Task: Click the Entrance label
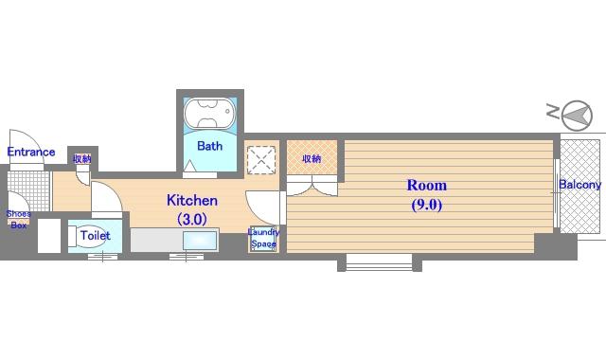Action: [x=31, y=152]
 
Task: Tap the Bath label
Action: [x=209, y=146]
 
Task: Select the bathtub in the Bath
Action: [x=209, y=113]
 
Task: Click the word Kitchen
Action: [x=192, y=200]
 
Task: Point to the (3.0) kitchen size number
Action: [x=192, y=219]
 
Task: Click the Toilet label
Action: [x=95, y=236]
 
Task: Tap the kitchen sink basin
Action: [x=200, y=241]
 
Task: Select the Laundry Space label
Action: [x=263, y=238]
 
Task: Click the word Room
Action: [x=427, y=186]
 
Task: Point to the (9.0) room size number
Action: [x=427, y=205]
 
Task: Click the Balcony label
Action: [x=580, y=185]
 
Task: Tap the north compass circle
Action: [x=577, y=116]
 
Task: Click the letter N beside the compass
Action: [x=553, y=111]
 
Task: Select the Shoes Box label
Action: [x=18, y=219]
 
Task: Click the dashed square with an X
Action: [x=261, y=160]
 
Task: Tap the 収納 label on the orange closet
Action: [x=312, y=158]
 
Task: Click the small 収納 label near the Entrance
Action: [x=82, y=158]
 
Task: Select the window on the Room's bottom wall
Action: [x=379, y=262]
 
